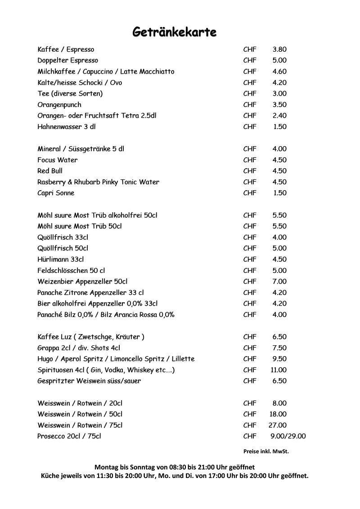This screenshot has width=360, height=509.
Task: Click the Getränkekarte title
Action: coord(175,32)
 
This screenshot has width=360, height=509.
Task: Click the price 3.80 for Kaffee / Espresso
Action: coord(279,49)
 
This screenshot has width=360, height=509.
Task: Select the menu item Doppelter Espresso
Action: coord(68,60)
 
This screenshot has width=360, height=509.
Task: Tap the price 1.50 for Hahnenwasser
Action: coord(280,127)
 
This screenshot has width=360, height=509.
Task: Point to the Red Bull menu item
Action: coord(50,171)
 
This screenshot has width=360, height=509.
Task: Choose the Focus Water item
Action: coord(58,160)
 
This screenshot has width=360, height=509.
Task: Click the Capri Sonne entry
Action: coord(56,193)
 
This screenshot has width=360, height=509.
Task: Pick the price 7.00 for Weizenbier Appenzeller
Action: coord(279,281)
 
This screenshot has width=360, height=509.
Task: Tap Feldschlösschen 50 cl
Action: coord(71,270)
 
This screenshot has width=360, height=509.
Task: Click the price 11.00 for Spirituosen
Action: coord(279,370)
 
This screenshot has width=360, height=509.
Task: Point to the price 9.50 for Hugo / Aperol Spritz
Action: coord(279,359)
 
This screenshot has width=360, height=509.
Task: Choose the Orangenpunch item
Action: coord(59,105)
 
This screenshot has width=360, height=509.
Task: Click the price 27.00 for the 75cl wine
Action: coord(277,425)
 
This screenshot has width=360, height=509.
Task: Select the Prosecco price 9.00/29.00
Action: coord(288,436)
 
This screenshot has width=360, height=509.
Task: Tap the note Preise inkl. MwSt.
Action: coord(266,451)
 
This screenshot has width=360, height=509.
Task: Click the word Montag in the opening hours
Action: coord(106,467)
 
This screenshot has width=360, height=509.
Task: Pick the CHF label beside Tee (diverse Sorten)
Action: coord(250,94)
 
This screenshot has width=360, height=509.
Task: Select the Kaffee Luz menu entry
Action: coord(91,337)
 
